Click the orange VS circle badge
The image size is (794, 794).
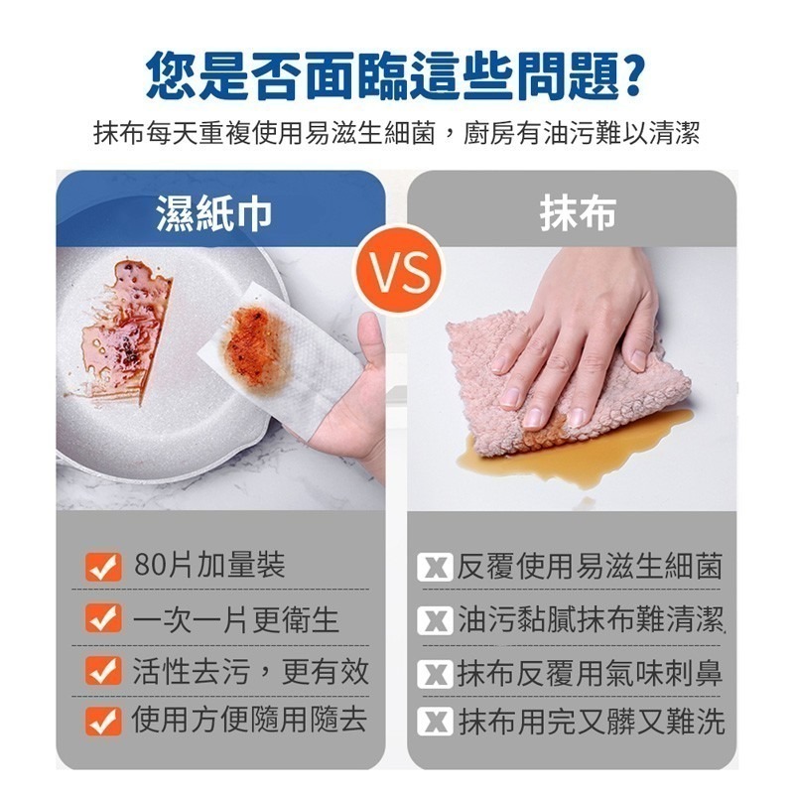[x=397, y=267]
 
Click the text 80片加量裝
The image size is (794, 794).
[x=209, y=566]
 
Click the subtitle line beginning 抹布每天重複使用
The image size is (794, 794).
[x=397, y=133]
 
